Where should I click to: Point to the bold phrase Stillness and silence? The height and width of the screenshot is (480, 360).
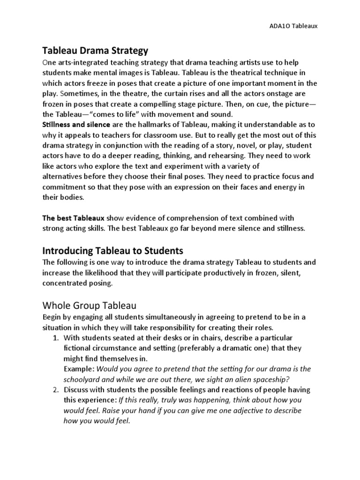point(76,125)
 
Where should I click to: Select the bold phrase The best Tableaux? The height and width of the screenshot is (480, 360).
point(74,218)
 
